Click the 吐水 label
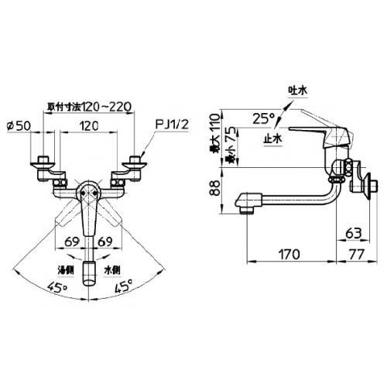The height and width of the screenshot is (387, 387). pyautogui.click(x=297, y=91)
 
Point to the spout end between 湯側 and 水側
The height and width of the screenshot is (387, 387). pyautogui.click(x=91, y=271)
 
